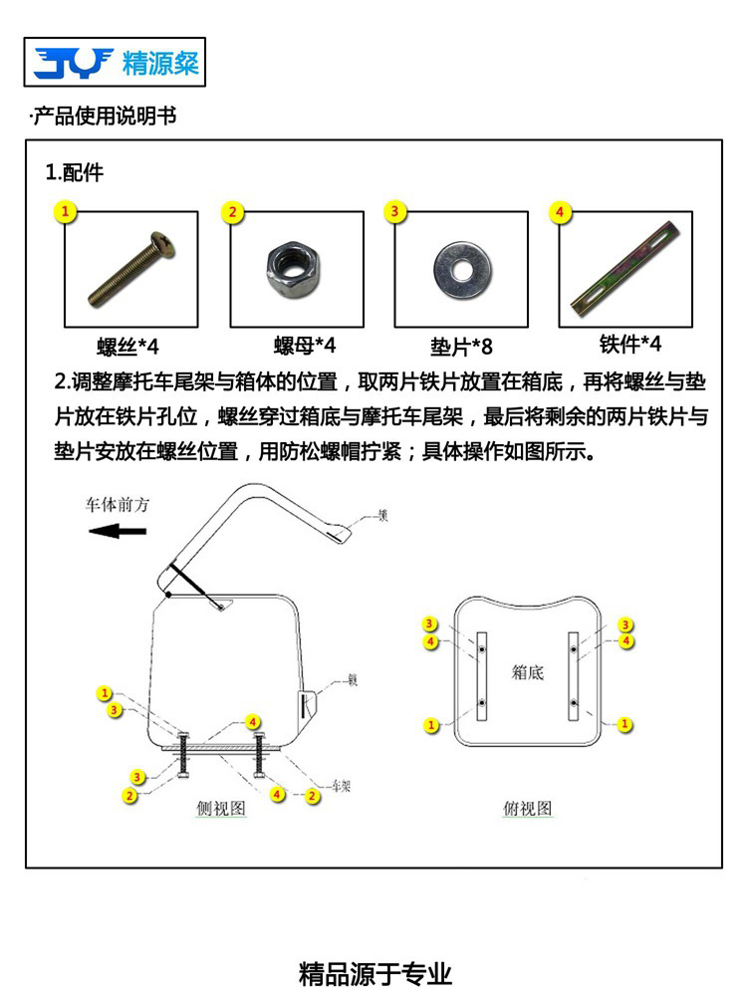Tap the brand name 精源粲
coord(160,64)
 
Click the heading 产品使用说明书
coord(104,117)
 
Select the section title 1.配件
coord(75,172)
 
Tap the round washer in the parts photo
coord(461,268)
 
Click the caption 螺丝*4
coord(127,347)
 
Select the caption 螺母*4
coord(305,346)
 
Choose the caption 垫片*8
coord(461,347)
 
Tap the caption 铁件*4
coord(629,344)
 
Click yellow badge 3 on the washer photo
coord(395,211)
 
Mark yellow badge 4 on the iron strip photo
coord(560,212)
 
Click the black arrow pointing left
coord(118,531)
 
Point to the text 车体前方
coord(118,505)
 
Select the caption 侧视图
coord(221,809)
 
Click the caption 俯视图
coord(527,809)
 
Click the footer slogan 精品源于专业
coord(375,972)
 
